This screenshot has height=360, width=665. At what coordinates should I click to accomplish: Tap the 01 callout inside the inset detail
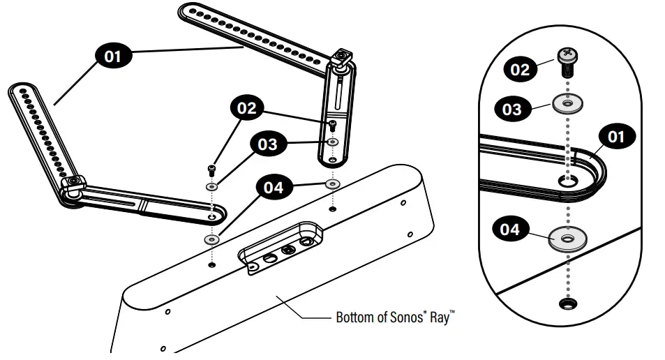(615, 136)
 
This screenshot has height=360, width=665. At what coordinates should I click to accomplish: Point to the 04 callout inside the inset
(511, 230)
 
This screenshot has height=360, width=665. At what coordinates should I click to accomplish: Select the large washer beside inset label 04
(567, 239)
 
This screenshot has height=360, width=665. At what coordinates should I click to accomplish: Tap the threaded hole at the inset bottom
(567, 303)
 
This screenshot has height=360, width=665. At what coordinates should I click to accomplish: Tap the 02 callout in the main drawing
(246, 108)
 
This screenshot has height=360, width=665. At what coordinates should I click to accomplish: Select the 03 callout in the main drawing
(266, 144)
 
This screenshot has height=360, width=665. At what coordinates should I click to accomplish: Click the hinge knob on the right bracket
(342, 59)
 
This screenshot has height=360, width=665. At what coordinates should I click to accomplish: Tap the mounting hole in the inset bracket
(567, 181)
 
